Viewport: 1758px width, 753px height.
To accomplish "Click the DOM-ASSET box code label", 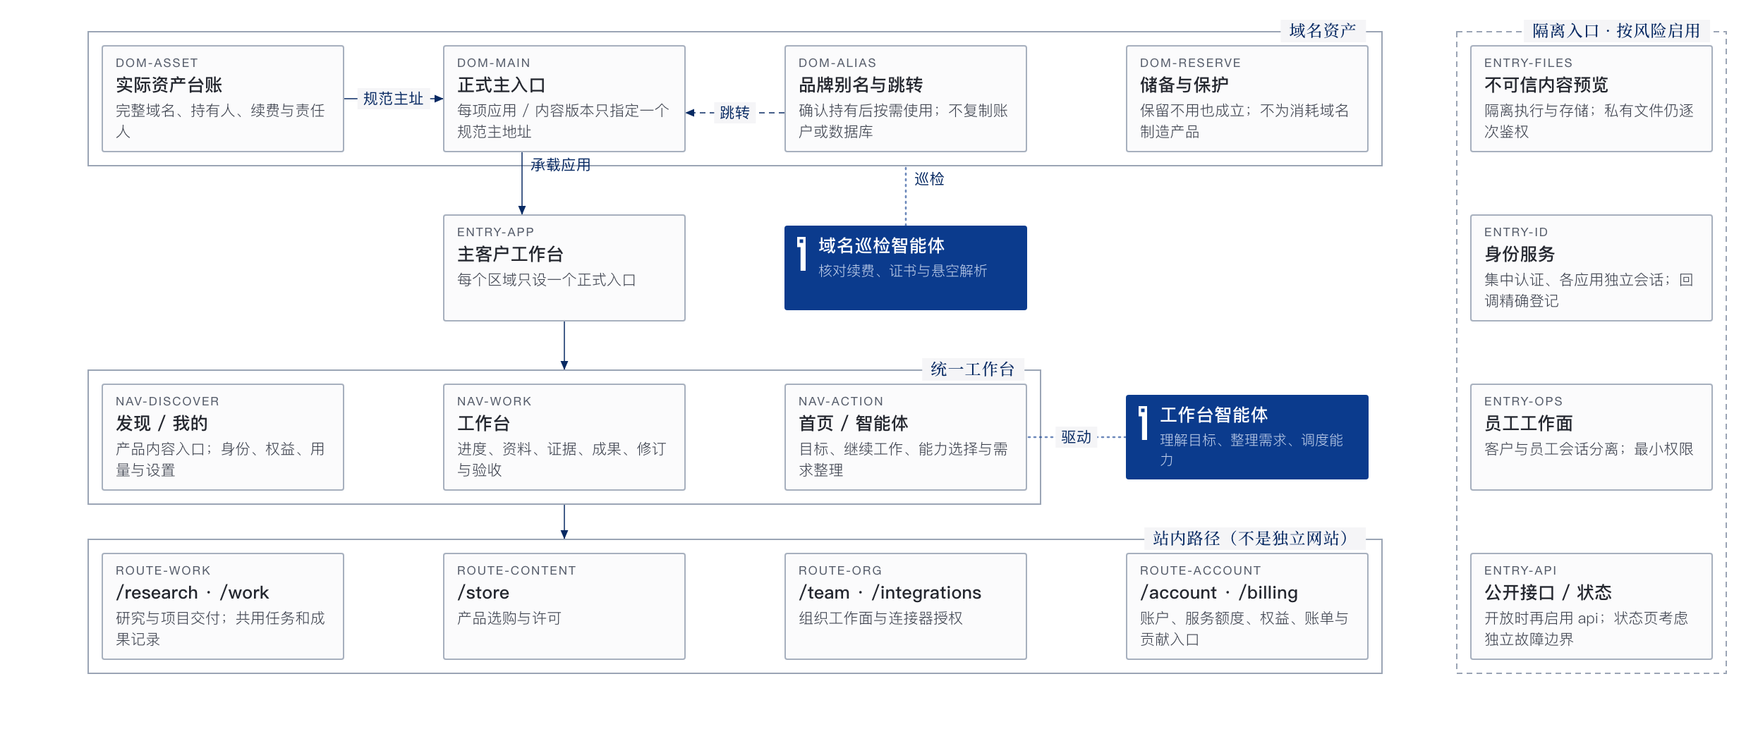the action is [157, 63].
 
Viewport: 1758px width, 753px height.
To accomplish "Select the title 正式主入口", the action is [502, 85].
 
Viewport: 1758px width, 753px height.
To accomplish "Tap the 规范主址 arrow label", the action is [393, 99].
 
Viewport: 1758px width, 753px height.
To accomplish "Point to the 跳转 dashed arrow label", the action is [734, 113].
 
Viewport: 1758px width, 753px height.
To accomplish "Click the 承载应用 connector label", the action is [561, 165].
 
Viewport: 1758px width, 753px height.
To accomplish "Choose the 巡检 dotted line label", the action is [929, 179].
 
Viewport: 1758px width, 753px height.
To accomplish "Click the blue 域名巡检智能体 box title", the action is [881, 245].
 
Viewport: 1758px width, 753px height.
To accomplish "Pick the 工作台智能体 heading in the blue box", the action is [1213, 415].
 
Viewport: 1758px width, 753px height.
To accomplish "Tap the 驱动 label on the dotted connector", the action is [1076, 437].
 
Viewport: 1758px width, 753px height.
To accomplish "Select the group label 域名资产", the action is [1323, 31].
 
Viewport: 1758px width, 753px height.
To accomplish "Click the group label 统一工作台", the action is [973, 369].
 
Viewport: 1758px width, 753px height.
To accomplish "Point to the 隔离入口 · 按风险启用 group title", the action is [1616, 31].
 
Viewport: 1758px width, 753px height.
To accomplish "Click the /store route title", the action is [483, 593].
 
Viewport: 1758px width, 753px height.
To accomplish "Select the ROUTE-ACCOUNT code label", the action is [1200, 570].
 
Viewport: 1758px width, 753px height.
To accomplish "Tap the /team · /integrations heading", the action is [890, 593].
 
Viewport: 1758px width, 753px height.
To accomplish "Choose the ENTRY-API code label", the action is [1520, 570].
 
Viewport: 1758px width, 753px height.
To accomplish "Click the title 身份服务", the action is [1520, 255].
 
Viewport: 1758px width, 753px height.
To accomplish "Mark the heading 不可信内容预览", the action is [1546, 85].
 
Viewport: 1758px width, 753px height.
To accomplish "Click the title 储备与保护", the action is [1184, 85].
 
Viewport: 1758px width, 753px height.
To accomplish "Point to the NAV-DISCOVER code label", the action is [167, 401].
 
